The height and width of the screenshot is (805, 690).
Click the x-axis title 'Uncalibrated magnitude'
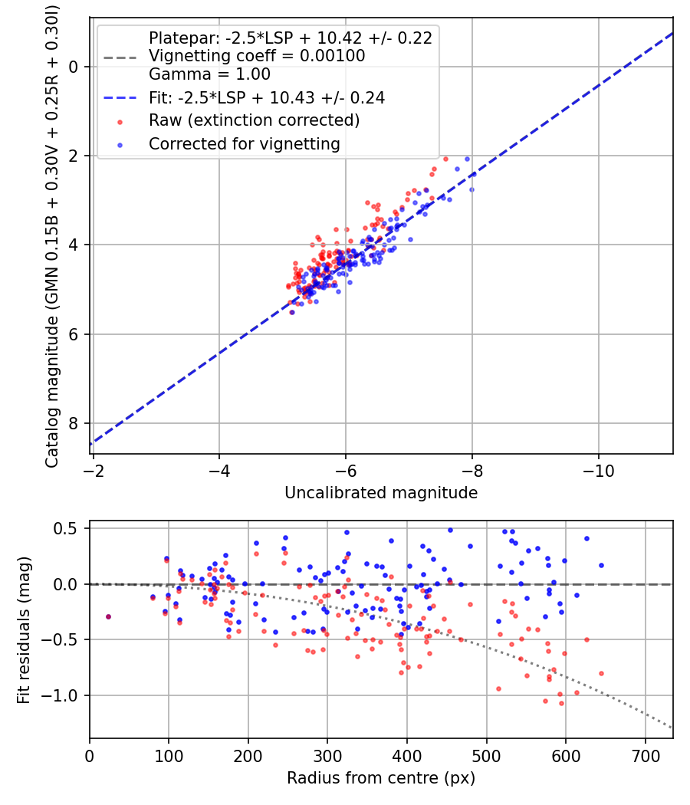click(381, 493)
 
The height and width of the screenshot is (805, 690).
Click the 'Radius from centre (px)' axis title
click(381, 778)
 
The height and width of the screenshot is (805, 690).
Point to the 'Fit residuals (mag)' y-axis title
click(24, 629)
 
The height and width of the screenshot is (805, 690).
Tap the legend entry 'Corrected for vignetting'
click(244, 143)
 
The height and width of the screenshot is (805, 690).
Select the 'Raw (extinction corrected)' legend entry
click(254, 120)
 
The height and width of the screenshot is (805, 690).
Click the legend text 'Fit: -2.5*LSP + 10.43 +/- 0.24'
click(266, 97)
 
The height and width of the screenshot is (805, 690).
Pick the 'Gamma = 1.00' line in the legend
click(209, 74)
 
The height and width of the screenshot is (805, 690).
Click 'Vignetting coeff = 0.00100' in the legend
click(257, 56)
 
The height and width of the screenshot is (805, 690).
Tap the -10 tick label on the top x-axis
click(598, 470)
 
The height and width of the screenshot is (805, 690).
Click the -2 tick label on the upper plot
click(94, 470)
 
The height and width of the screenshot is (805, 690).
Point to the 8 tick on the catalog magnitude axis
click(74, 423)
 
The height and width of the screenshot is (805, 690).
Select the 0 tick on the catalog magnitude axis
click(74, 67)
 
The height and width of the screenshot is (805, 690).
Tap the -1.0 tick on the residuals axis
click(65, 695)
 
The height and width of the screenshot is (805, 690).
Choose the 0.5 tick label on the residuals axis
click(69, 529)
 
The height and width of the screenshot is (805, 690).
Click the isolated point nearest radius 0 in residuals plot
click(108, 616)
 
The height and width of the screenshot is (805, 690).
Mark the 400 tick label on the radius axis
click(407, 755)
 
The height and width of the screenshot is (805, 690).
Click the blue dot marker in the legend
click(120, 143)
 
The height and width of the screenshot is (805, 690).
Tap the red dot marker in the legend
click(120, 120)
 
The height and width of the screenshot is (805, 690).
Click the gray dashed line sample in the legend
click(120, 56)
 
